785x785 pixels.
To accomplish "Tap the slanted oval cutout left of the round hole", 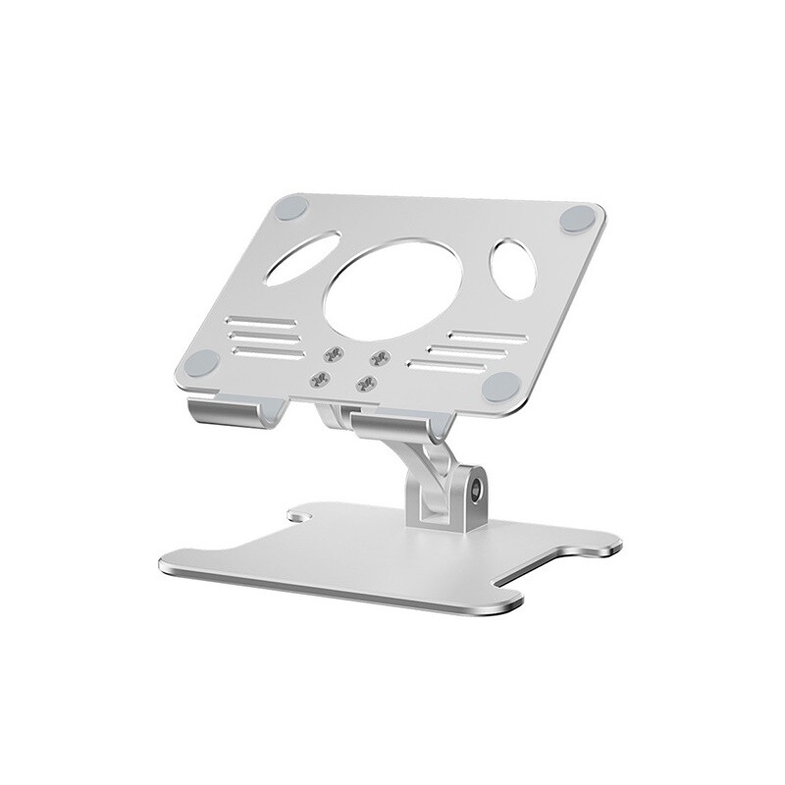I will (x=301, y=262).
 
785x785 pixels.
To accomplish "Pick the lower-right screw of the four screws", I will (x=368, y=382).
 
